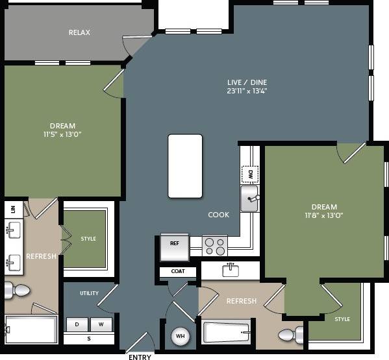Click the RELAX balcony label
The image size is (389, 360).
[79, 32]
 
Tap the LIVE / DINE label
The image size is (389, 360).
[247, 82]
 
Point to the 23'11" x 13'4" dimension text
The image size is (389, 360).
[247, 91]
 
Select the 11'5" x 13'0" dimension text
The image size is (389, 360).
[62, 134]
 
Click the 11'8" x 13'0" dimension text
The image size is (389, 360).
[323, 215]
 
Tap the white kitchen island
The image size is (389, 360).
[185, 165]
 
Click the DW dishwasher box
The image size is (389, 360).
[249, 174]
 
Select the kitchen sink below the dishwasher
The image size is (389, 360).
[249, 198]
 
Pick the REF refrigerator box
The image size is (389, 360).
[174, 244]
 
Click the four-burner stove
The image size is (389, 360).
[214, 246]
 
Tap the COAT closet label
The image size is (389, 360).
[178, 271]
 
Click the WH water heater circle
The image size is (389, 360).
[180, 337]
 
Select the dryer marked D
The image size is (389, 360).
[77, 323]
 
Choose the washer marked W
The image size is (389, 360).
[101, 323]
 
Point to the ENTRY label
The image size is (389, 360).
[140, 357]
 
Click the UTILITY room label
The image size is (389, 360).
[89, 293]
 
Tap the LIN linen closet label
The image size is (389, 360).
[13, 209]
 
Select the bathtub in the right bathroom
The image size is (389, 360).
[226, 333]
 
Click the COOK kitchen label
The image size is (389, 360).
[218, 215]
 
